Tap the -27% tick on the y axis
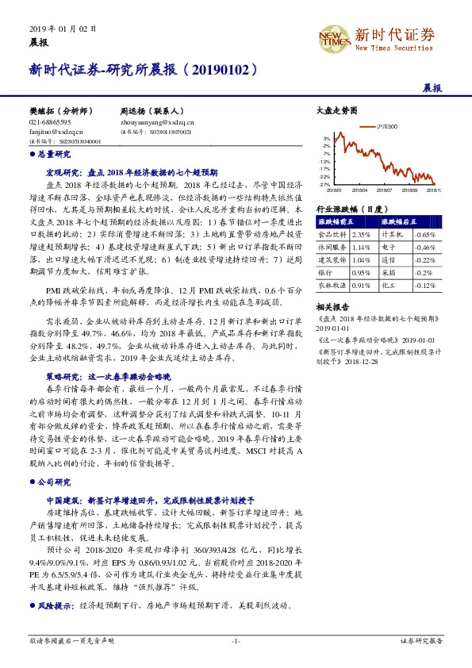pos(324,184)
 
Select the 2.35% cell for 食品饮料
pos(361,235)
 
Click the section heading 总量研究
pos(55,154)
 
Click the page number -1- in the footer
pos(236,640)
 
